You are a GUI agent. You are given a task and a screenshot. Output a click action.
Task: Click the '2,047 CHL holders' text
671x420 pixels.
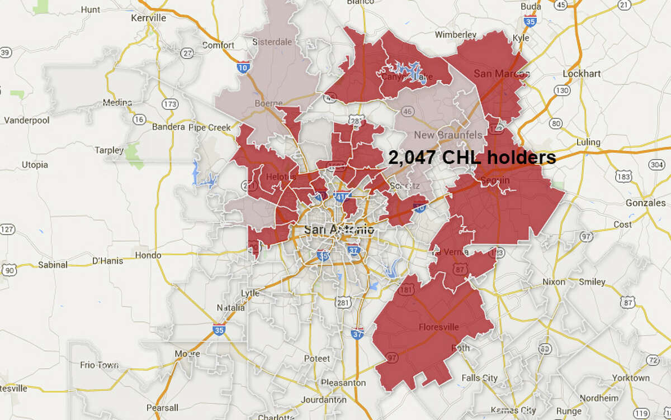pos(472,158)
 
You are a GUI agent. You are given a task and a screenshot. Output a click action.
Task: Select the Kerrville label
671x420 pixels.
pos(148,18)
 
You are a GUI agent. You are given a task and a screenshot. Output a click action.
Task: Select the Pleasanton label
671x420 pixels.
pos(343,383)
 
